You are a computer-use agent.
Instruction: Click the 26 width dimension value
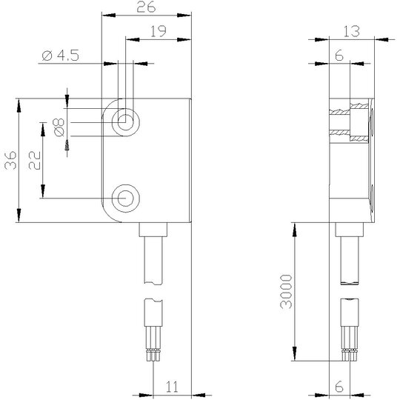[x=146, y=7]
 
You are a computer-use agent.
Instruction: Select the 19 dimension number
[x=159, y=31]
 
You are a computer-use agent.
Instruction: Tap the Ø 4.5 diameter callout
[x=61, y=56]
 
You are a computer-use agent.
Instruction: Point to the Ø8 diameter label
[x=59, y=127]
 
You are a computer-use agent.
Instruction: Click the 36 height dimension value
[x=10, y=161]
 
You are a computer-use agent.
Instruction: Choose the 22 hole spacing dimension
[x=35, y=161]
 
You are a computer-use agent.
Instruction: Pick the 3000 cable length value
[x=286, y=292]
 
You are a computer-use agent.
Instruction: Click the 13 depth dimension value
[x=351, y=31]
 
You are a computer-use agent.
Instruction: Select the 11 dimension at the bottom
[x=172, y=387]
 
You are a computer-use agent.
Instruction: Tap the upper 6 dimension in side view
[x=339, y=56]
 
